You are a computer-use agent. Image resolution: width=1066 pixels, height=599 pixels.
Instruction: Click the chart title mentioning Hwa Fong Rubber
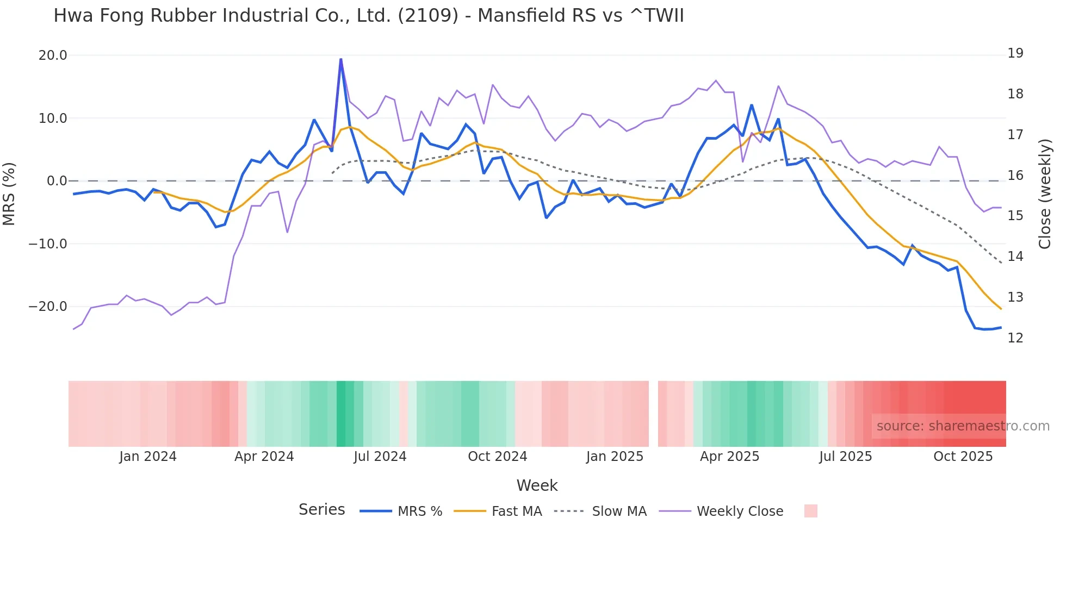click(368, 16)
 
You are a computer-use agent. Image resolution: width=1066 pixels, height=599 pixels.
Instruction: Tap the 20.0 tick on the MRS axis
click(53, 55)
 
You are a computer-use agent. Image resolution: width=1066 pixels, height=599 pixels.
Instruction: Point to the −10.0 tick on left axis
click(48, 244)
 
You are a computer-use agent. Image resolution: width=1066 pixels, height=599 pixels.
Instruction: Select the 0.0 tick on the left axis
click(57, 181)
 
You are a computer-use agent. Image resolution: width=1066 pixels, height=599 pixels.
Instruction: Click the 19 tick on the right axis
click(1015, 53)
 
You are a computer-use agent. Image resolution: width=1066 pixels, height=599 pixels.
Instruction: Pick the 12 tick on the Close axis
click(1015, 338)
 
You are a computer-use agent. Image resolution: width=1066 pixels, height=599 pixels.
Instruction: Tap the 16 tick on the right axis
click(1015, 176)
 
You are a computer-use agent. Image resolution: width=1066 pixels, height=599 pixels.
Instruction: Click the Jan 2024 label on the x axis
click(148, 457)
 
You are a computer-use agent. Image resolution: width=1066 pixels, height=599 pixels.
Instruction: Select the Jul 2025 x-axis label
click(845, 457)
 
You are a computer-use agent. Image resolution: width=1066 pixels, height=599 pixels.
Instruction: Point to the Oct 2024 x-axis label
click(497, 457)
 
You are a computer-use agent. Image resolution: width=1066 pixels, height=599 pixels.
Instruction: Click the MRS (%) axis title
click(9, 194)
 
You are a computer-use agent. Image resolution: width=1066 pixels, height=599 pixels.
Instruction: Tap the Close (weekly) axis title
click(1044, 194)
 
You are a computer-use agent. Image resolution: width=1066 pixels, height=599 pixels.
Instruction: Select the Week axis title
click(537, 485)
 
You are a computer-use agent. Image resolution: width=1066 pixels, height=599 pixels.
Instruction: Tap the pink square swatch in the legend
click(810, 511)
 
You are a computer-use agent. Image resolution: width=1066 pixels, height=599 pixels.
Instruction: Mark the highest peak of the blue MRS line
click(341, 59)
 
